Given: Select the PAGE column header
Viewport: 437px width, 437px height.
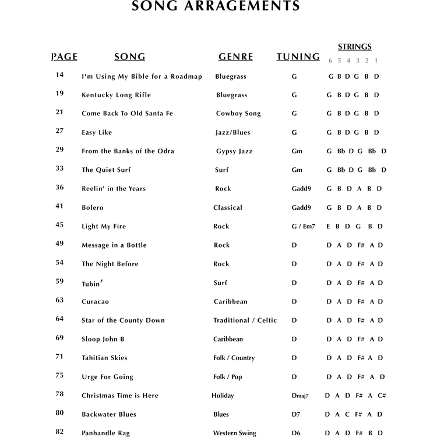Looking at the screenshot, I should point(64,57).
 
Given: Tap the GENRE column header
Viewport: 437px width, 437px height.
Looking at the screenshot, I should point(235,57).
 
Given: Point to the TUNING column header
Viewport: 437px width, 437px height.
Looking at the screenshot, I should point(298,57).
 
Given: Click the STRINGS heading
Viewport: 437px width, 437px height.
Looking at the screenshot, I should point(354,47).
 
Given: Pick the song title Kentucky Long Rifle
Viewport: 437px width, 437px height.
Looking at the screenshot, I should point(116,95).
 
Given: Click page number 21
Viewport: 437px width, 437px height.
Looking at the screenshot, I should point(59,112).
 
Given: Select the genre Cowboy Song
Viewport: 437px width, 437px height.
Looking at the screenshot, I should point(238,114).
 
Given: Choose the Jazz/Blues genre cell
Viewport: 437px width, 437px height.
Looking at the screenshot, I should point(233,132).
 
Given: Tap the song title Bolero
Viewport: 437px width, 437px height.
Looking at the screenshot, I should point(92,207).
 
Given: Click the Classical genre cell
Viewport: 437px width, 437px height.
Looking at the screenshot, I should point(228,207).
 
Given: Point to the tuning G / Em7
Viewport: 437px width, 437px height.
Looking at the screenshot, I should point(303,226).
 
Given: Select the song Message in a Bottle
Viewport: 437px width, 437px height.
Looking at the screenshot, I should point(114,245).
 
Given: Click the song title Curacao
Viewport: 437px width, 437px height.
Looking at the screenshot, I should point(95,301).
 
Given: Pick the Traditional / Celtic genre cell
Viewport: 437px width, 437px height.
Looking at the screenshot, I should point(245,320).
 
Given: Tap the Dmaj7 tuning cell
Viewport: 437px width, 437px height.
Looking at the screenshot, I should point(300,396).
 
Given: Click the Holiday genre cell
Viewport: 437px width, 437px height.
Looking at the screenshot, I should point(223,396).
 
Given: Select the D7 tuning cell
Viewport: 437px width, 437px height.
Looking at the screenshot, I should point(296,414).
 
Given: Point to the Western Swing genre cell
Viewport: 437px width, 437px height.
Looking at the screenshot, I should point(234,433).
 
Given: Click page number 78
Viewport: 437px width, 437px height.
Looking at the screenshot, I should point(59,394).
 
